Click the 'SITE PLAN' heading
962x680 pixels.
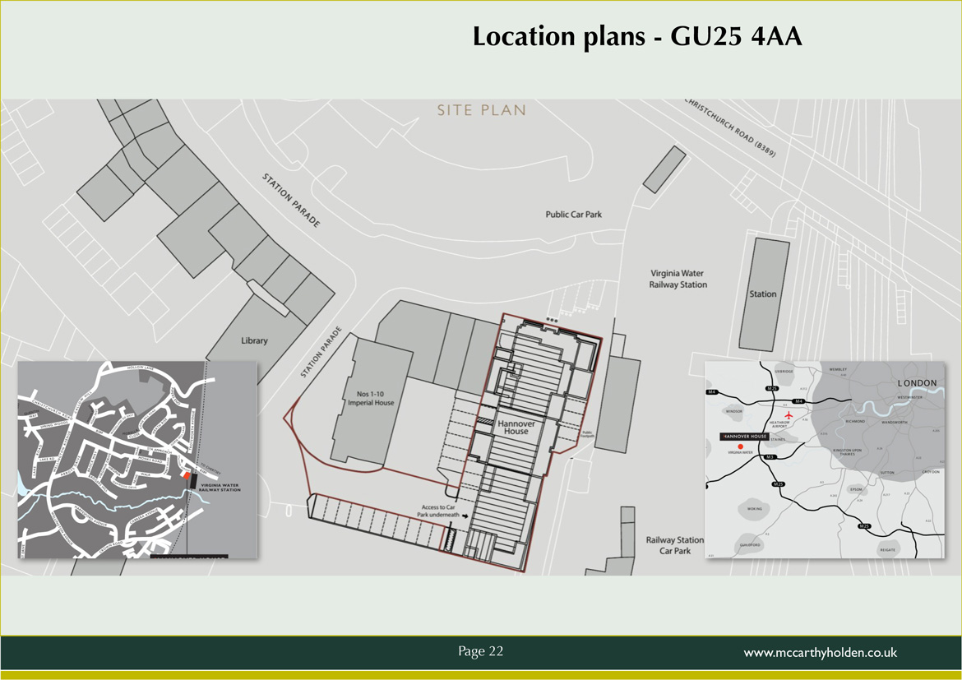(481, 110)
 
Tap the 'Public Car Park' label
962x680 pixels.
(573, 215)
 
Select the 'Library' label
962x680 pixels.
(254, 340)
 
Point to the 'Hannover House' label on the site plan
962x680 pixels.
(516, 427)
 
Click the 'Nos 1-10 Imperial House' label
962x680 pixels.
(371, 399)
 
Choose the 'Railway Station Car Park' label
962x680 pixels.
(674, 545)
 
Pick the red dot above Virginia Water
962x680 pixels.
(740, 446)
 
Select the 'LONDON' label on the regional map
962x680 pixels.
(916, 383)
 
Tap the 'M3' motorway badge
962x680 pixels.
(770, 457)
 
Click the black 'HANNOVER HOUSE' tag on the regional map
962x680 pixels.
(744, 436)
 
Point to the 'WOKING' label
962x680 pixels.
(755, 509)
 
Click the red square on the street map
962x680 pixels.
(187, 475)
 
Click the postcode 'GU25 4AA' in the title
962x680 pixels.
(736, 37)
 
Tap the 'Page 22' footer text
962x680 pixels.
(480, 651)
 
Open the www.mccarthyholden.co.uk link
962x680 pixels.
(820, 653)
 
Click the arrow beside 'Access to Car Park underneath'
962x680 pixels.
(465, 516)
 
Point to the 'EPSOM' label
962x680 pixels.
(857, 489)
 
